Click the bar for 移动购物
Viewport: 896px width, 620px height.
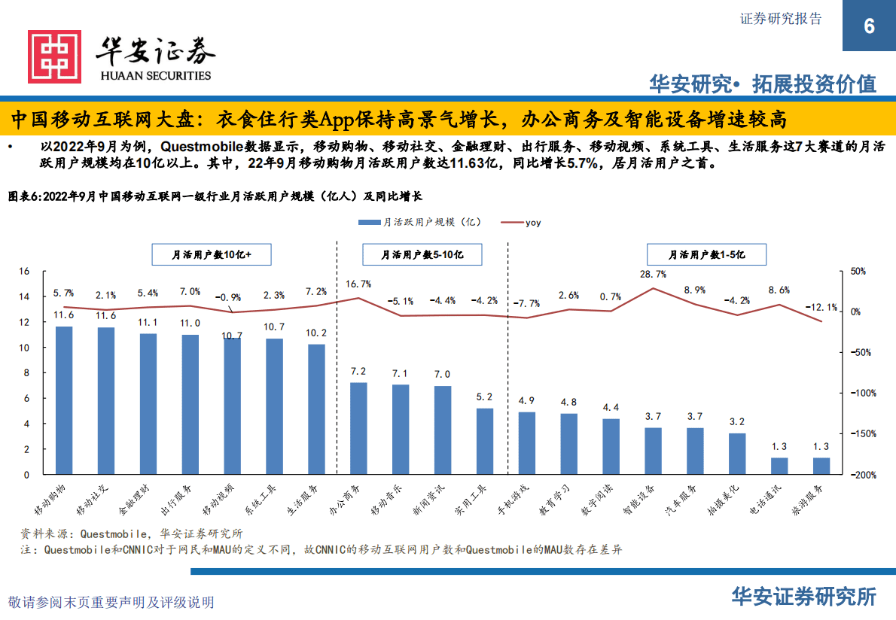64,400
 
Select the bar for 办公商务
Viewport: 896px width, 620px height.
359,428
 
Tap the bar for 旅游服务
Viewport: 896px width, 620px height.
821,466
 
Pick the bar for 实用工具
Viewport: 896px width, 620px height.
485,441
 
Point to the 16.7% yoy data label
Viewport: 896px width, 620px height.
358,284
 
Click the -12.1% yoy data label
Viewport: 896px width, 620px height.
821,307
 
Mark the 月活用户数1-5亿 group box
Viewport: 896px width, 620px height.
706,255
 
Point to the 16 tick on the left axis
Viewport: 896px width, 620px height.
24,271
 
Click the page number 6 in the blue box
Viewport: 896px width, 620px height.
869,26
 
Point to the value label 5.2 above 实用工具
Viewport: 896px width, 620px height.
485,397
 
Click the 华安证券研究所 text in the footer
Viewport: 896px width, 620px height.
804,597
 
